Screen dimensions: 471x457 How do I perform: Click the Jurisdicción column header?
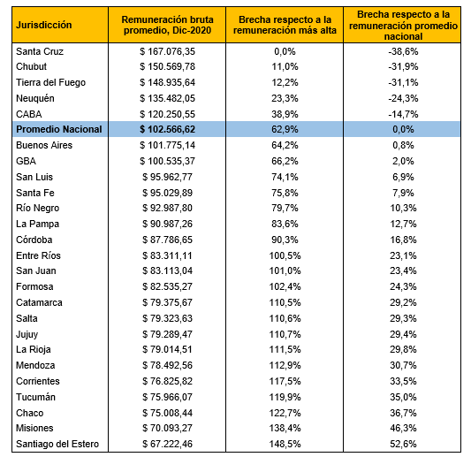pyautogui.click(x=44, y=25)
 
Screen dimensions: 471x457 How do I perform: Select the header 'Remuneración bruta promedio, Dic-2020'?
pyautogui.click(x=167, y=25)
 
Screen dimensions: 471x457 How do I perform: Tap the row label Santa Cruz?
pyautogui.click(x=40, y=51)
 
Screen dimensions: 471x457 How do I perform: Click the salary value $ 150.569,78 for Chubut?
pyautogui.click(x=167, y=66)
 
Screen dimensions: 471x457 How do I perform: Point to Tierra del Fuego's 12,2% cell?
pyautogui.click(x=285, y=82)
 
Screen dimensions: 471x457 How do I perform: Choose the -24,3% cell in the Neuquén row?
pyautogui.click(x=403, y=98)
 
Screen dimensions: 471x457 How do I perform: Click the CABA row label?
pyautogui.click(x=29, y=114)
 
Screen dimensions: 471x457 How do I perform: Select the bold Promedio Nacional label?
pyautogui.click(x=59, y=129)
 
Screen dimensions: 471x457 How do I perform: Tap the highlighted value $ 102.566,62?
pyautogui.click(x=167, y=129)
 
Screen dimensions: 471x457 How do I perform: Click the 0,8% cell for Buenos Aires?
pyautogui.click(x=403, y=145)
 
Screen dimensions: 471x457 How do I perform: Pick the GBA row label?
pyautogui.click(x=26, y=161)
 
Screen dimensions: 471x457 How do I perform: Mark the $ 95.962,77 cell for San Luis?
pyautogui.click(x=167, y=177)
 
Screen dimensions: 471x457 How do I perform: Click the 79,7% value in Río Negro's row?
pyautogui.click(x=285, y=208)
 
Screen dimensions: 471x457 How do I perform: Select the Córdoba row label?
pyautogui.click(x=34, y=240)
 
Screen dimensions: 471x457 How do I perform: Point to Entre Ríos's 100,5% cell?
pyautogui.click(x=285, y=255)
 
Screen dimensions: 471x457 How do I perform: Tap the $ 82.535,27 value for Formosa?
pyautogui.click(x=167, y=286)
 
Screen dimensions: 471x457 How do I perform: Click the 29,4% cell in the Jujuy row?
pyautogui.click(x=403, y=334)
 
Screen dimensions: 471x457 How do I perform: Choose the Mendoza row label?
pyautogui.click(x=35, y=365)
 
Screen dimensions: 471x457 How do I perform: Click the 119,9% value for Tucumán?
pyautogui.click(x=285, y=397)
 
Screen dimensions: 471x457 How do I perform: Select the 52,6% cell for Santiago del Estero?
pyautogui.click(x=403, y=444)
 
